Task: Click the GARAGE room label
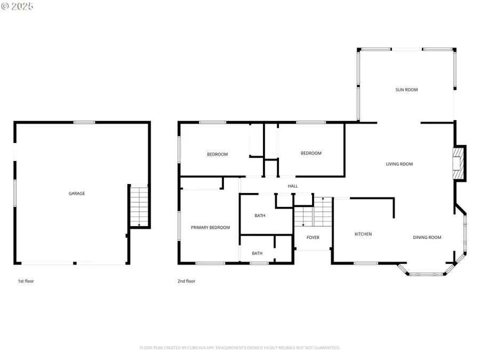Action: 76,194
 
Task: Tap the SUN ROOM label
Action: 406,90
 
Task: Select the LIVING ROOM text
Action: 399,164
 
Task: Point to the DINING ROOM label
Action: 427,237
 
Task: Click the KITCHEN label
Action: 363,234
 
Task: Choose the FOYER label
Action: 313,237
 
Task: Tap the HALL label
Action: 293,186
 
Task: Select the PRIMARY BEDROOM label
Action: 210,228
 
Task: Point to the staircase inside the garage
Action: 139,206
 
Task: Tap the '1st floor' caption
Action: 26,281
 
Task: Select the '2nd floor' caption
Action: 186,281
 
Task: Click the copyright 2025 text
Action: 17,6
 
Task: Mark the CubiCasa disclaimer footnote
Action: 239,348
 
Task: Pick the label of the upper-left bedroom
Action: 217,155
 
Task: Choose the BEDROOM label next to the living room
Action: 311,154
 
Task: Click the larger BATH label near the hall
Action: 260,216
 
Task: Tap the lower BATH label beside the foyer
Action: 257,253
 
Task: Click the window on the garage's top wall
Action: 84,123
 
